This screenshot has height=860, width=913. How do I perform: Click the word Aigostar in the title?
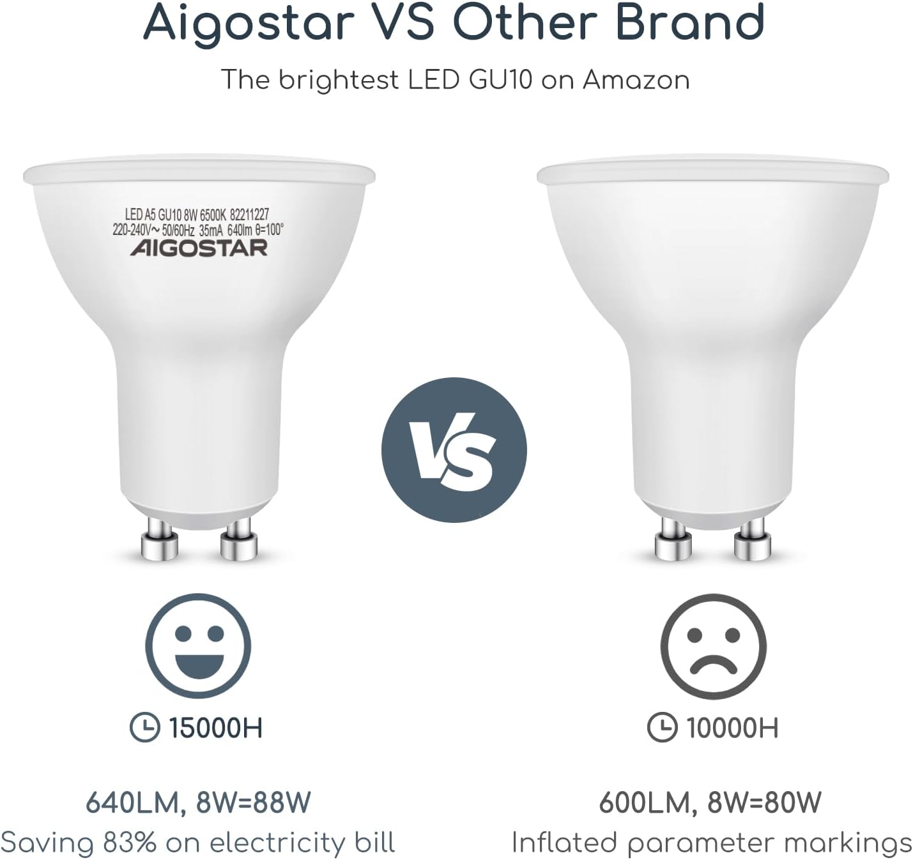pos(249,23)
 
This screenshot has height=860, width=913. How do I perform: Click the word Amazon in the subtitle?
pos(636,80)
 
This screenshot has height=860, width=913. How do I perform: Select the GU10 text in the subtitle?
pos(501,80)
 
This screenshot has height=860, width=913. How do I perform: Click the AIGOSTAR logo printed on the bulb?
pos(199,248)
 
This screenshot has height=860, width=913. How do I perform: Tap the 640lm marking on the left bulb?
pos(240,230)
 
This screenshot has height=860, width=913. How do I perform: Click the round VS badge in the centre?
pos(454,450)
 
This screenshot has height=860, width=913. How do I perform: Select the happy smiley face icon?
pos(198,646)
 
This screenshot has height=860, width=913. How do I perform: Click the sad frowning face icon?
pos(713,646)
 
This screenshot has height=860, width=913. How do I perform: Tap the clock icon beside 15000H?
pos(145,728)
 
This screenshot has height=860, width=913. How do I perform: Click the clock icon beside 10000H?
pos(663,728)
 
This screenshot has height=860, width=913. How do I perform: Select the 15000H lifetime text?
pos(216,728)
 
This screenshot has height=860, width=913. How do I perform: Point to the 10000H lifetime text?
pos(732,728)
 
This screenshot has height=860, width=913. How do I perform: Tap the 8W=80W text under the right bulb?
pos(764,803)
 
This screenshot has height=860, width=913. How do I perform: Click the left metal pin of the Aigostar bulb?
pos(160,539)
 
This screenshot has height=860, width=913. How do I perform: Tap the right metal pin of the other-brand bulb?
pos(753,539)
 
